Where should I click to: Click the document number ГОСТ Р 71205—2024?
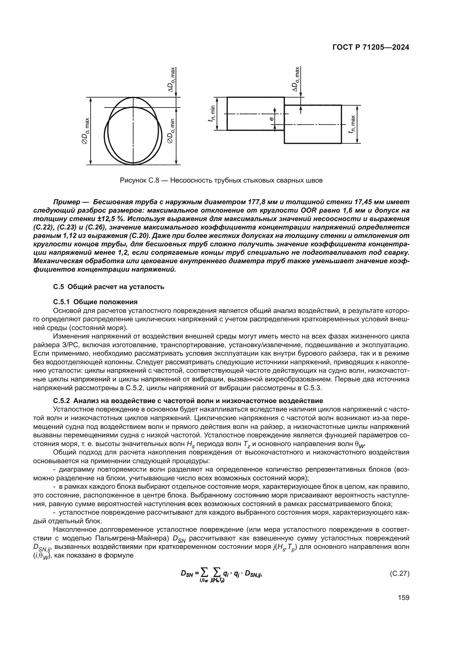(371, 48)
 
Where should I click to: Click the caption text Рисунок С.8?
(140, 181)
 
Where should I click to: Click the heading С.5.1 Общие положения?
(95, 302)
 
